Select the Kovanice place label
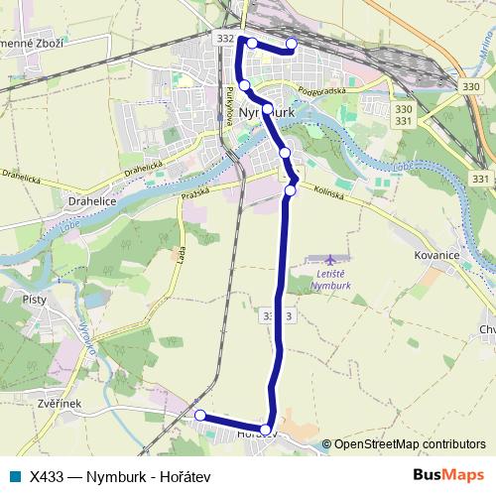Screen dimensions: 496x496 point(436,254)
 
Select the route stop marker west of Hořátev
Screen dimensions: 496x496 point(199,415)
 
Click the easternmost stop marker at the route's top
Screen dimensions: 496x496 point(292,43)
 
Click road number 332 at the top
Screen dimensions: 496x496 point(224,38)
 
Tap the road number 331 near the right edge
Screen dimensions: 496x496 point(481,179)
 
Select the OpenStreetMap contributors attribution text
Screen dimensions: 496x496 point(410,444)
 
